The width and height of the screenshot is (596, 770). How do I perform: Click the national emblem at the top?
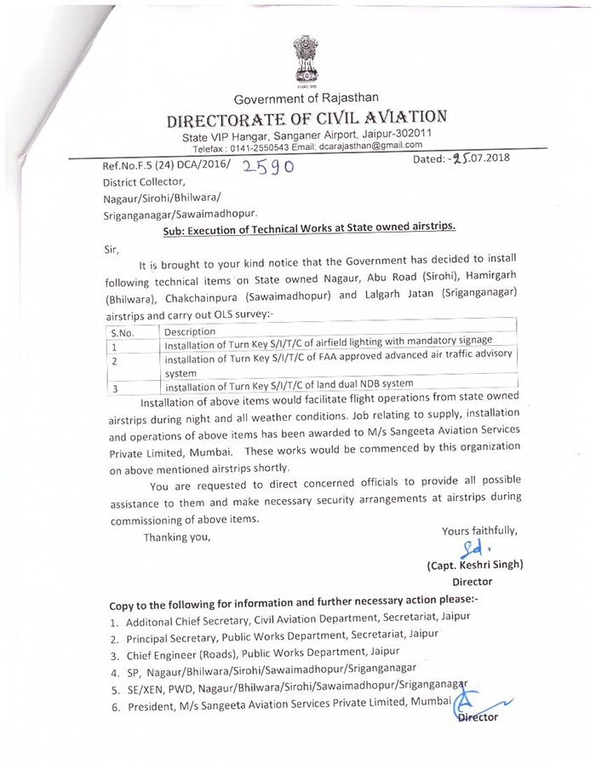(x=307, y=60)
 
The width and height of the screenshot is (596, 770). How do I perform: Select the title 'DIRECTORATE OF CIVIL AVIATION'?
(x=307, y=118)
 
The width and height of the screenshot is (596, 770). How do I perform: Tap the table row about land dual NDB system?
(x=289, y=384)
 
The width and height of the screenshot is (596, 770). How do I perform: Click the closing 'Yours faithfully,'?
(x=480, y=532)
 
